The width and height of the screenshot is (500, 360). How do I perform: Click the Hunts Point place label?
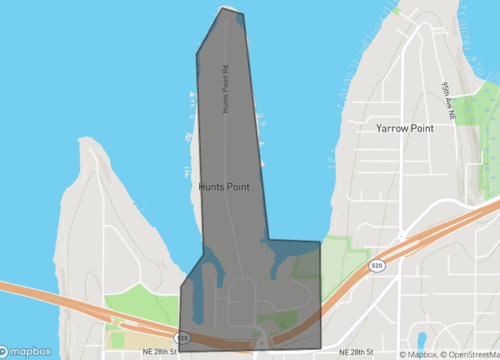point(223,186)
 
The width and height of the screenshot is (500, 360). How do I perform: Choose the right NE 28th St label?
point(357,352)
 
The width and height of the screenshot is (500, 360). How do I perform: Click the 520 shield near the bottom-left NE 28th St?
point(183,338)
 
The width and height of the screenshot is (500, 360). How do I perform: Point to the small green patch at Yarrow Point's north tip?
point(396,11)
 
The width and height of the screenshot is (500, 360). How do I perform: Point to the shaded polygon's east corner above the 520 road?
point(320,241)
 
